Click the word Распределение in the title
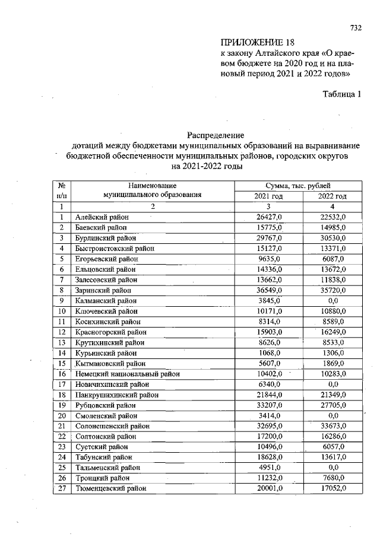216,135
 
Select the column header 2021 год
268,196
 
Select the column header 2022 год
332,196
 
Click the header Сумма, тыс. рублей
299,186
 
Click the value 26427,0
268,218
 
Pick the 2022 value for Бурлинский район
332,239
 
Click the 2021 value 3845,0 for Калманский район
270,301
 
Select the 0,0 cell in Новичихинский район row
333,384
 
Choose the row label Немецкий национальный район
127,374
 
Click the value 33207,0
268,405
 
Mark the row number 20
61,415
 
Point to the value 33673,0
332,426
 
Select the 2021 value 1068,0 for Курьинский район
270,353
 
